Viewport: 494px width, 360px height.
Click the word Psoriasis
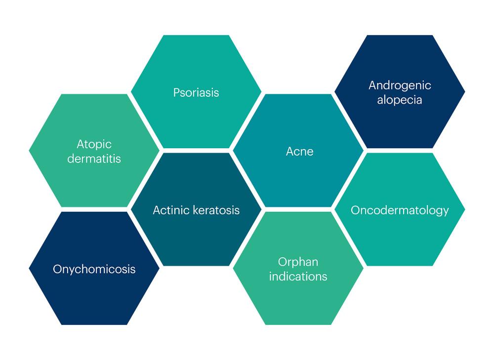[x=196, y=93]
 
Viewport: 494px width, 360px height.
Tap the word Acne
[x=300, y=152]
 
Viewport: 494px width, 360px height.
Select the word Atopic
[x=94, y=145]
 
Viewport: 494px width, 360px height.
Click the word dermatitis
[x=94, y=159]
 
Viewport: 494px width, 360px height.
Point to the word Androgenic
[x=400, y=85]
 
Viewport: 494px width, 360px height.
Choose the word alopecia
[x=400, y=100]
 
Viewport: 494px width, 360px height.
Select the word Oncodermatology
[x=400, y=210]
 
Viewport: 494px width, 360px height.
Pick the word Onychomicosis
[x=94, y=269]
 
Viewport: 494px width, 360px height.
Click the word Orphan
[x=298, y=262]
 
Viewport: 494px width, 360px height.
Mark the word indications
[x=298, y=276]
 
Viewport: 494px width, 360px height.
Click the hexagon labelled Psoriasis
[x=196, y=91]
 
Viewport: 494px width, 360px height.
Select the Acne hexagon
[x=298, y=151]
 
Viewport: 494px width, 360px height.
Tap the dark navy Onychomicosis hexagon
[x=94, y=268]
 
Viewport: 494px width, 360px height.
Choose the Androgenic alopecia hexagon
[x=400, y=91]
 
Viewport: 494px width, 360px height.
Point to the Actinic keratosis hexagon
[x=196, y=209]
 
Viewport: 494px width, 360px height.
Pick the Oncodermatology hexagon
[x=400, y=209]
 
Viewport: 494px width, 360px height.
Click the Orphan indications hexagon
[x=298, y=268]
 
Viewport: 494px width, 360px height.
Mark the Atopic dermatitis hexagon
[x=94, y=151]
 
